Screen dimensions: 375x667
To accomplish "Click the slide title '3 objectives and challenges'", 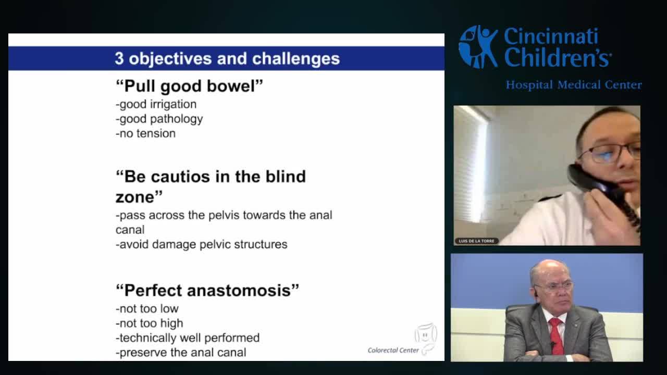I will point(227,58).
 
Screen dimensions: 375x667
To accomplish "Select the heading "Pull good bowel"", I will point(189,86).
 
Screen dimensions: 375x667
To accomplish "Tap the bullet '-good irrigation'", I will point(156,104).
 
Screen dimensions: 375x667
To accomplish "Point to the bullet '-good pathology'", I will point(159,119).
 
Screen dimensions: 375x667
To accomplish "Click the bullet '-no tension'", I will point(145,133).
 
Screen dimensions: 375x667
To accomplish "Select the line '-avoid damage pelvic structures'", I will point(201,244).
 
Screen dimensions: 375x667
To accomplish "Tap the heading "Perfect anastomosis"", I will point(207,290).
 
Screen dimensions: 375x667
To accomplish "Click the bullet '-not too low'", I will point(147,309).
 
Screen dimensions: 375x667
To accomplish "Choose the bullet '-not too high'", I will point(149,323).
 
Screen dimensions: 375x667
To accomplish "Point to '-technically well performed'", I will point(187,338).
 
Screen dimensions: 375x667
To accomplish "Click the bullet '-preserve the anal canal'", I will point(180,353).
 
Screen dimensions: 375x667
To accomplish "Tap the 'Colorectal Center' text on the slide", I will point(393,351).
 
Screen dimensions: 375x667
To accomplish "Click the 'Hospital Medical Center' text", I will point(574,85).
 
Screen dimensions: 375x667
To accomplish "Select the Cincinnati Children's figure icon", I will point(478,47).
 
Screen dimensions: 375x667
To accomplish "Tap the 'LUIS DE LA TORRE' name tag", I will point(476,241).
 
